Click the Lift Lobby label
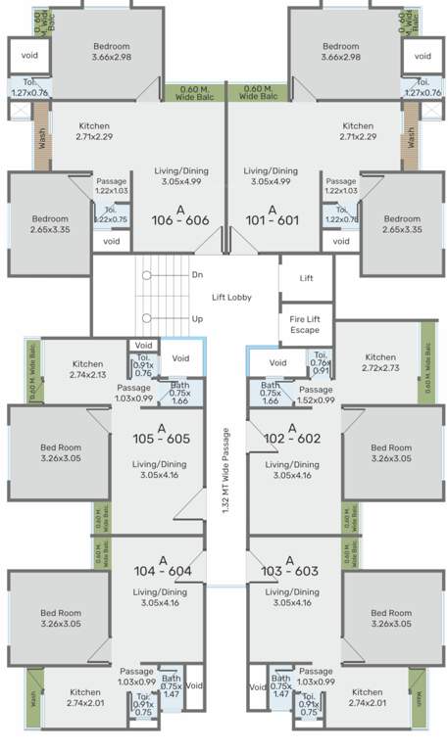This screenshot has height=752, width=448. coord(233,298)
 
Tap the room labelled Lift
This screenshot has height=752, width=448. coord(307,278)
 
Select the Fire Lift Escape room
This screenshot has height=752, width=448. coord(305,324)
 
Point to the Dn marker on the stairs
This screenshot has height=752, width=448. coord(197,275)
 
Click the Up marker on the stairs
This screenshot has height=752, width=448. coord(197,319)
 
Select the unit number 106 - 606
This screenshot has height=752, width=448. coord(180,221)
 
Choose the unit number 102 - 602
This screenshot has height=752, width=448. coord(291,439)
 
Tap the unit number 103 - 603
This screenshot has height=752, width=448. coord(289,571)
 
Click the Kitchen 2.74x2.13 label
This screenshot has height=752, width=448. coord(87,369)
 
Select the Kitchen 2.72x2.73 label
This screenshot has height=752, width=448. coord(379,363)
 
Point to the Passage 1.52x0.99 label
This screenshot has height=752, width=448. coord(316,395)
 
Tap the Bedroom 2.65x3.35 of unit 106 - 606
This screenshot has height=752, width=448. coord(49,224)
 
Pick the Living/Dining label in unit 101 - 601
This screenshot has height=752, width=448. coord(271,175)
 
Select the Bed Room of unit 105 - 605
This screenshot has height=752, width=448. coord(61,452)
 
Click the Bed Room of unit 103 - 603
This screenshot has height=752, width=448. coord(391,618)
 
